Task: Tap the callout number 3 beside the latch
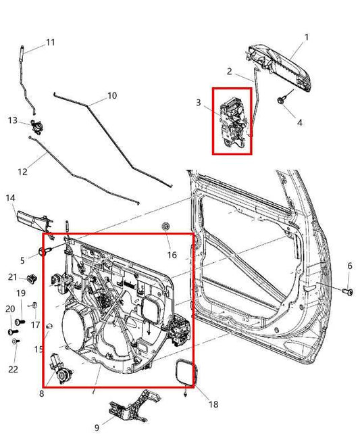click(x=198, y=103)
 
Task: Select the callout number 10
click(x=112, y=96)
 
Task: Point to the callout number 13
click(x=12, y=120)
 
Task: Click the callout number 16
click(x=172, y=255)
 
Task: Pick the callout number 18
click(x=213, y=405)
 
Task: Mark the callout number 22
click(x=14, y=369)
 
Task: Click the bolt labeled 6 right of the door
click(x=347, y=291)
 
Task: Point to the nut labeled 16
click(x=166, y=226)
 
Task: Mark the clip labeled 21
click(x=31, y=278)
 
